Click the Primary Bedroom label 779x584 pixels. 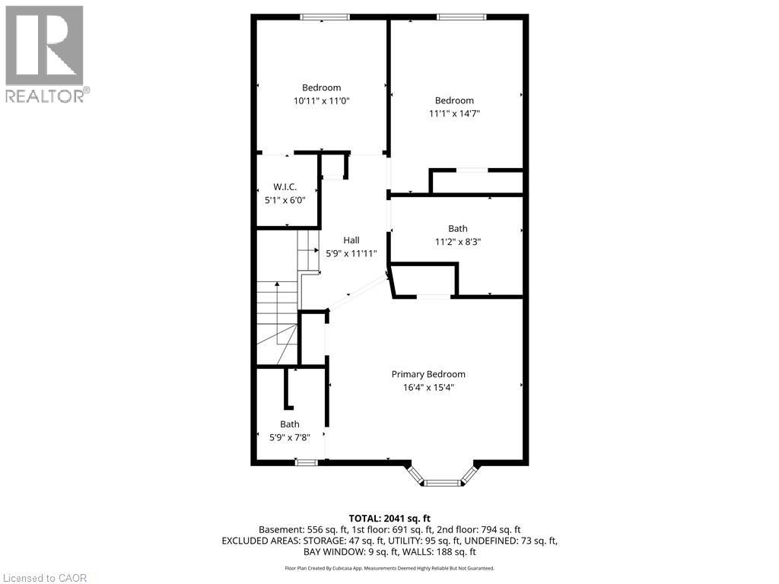428,374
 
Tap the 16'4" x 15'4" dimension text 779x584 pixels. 428,387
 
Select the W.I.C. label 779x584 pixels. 285,187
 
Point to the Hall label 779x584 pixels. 351,240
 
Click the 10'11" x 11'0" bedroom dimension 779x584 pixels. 321,100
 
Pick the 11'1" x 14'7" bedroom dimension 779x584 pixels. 454,113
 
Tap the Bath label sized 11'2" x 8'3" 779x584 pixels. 457,228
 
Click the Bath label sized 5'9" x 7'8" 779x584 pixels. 289,424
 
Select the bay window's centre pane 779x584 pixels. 441,483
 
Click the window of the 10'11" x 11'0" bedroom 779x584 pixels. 325,17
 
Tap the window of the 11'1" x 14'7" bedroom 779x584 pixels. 461,17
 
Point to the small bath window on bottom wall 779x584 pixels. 307,462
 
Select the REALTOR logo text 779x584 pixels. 47,96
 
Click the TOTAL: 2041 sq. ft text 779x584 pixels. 389,519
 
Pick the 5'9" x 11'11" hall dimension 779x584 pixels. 351,253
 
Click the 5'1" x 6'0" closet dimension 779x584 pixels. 285,200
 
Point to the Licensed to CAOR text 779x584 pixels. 45,577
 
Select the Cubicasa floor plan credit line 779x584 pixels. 389,568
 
